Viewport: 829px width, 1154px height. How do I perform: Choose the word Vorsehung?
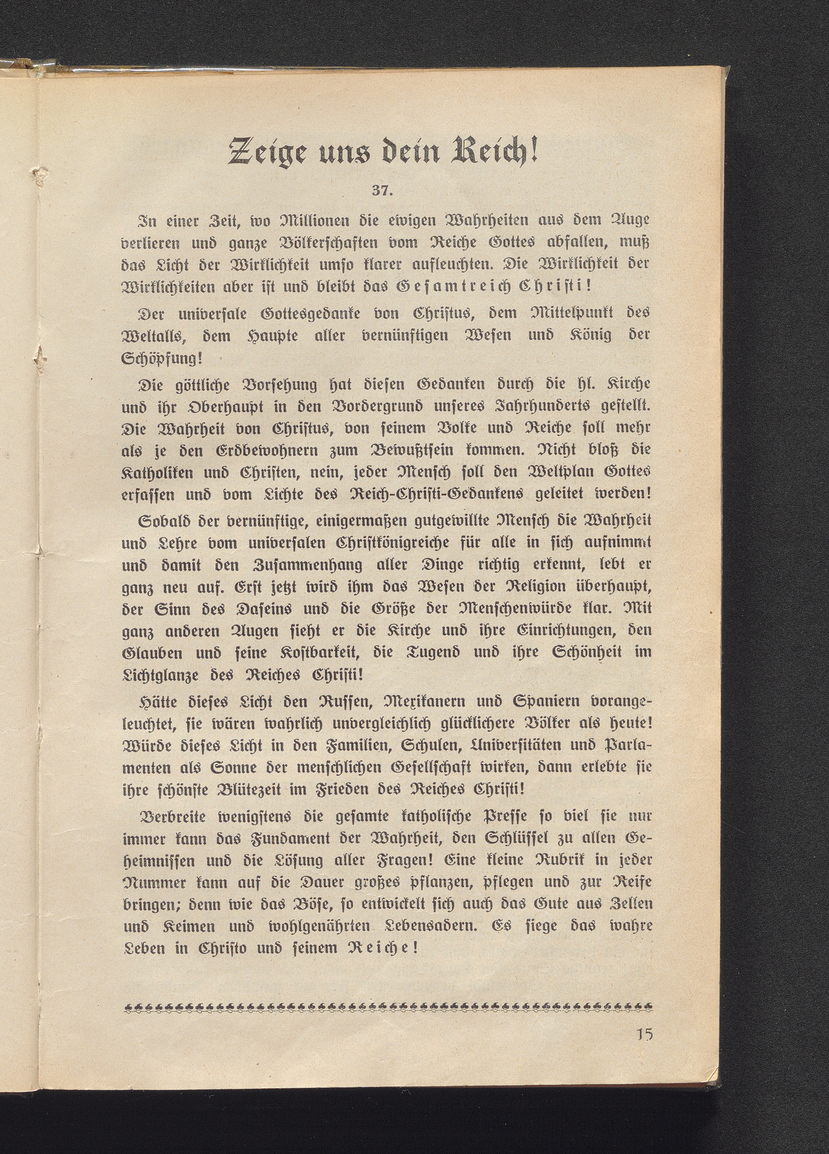click(290, 383)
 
